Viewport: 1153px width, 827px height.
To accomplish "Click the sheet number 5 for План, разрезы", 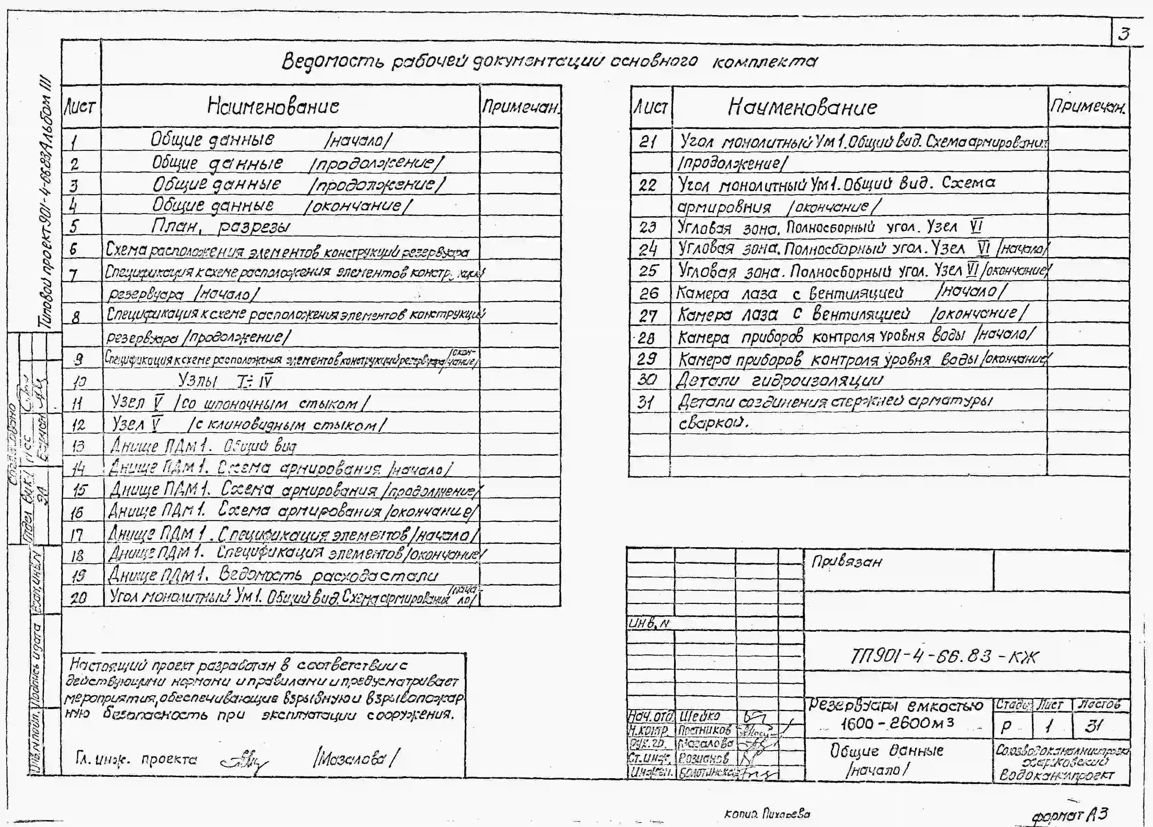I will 74,227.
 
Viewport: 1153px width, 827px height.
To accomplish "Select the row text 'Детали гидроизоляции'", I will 779,380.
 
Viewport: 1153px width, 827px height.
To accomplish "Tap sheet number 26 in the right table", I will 649,293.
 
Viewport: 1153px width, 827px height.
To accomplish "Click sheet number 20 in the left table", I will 78,598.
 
